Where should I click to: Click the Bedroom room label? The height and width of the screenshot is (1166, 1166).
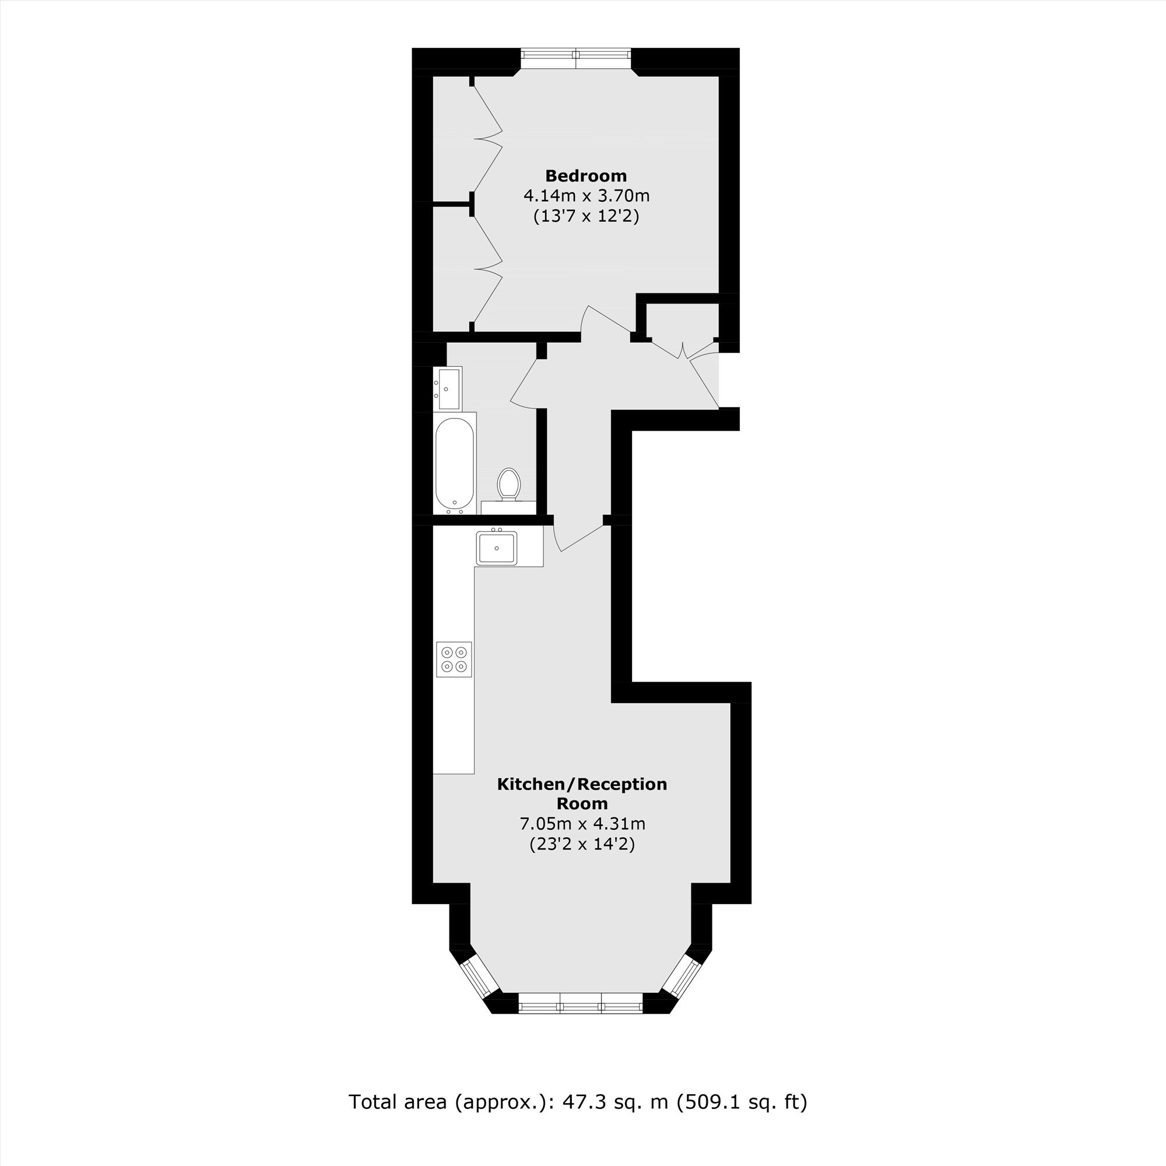tap(585, 175)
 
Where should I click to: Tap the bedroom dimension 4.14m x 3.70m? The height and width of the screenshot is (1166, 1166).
tap(585, 195)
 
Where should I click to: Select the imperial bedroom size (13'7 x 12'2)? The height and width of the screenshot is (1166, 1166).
tap(585, 216)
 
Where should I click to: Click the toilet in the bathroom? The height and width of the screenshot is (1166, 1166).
tap(509, 484)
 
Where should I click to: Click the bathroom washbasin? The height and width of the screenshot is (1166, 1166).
tap(448, 389)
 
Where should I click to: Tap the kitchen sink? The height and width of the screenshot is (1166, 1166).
tap(496, 548)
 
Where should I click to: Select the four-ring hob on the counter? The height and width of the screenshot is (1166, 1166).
tap(454, 659)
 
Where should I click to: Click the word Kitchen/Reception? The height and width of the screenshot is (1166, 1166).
tap(582, 784)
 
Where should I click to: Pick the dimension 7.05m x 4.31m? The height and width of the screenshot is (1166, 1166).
tap(582, 823)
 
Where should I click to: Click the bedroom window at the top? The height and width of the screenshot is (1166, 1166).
tap(576, 58)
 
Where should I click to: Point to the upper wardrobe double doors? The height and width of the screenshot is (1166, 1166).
tap(487, 138)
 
